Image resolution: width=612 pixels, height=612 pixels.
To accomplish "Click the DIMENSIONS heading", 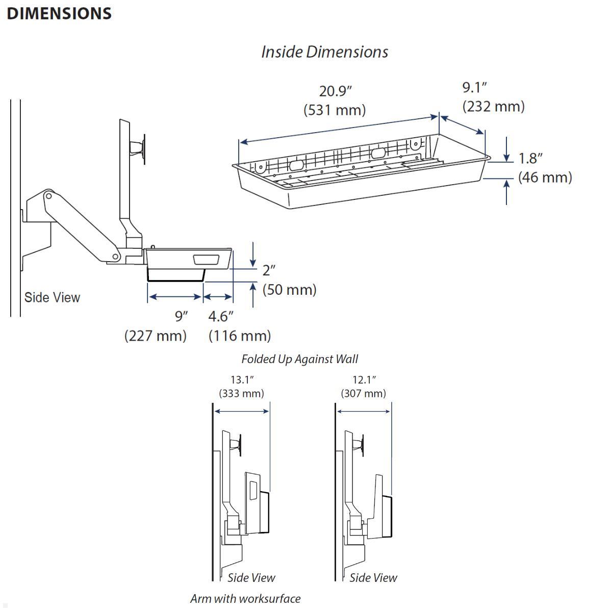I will [59, 13].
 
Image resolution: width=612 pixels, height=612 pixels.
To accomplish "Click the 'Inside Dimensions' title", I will [324, 52].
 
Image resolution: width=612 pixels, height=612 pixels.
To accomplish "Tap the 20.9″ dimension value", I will [336, 91].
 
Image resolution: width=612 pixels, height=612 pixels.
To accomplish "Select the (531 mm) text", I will [335, 110].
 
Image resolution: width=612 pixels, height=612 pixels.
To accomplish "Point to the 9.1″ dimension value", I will [475, 87].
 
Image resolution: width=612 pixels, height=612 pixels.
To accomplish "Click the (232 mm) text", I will [493, 106].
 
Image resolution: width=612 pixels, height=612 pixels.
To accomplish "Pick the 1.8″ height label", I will [530, 158].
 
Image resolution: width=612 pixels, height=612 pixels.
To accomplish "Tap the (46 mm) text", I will [545, 177].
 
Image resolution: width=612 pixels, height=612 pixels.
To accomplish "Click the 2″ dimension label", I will [269, 270].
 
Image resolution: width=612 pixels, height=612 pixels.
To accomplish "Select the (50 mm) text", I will [289, 289].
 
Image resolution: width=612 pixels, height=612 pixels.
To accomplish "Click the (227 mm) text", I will [155, 336].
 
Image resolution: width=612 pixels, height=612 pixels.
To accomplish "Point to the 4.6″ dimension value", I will [221, 316].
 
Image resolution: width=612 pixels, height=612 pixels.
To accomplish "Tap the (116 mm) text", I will [240, 336].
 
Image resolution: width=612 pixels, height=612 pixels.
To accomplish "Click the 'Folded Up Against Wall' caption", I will [299, 359].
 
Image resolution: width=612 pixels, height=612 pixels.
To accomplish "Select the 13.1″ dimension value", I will [242, 379].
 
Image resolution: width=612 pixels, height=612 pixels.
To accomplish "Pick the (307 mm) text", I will [363, 393].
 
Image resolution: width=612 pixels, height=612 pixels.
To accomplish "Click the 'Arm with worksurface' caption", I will [245, 598].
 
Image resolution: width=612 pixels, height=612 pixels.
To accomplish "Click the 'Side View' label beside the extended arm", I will [52, 297].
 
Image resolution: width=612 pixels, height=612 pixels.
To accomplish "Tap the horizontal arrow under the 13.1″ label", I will [241, 411].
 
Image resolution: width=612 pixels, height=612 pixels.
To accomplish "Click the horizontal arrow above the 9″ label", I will [175, 297].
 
